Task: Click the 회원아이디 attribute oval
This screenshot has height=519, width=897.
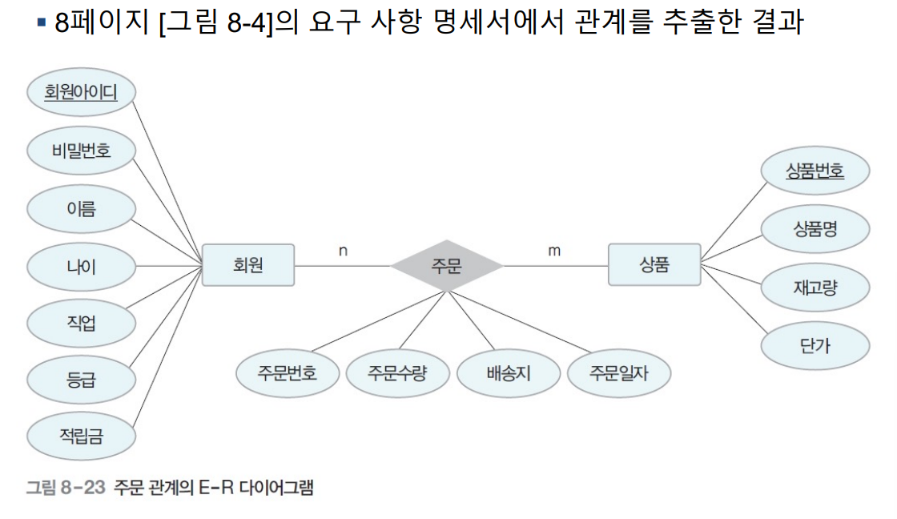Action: click(81, 93)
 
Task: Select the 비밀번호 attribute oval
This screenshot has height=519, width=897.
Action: click(81, 151)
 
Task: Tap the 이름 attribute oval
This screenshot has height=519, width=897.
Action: click(81, 209)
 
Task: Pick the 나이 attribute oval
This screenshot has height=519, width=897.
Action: click(81, 266)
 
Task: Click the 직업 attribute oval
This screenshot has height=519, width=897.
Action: click(81, 324)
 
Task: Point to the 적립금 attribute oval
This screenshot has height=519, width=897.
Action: click(81, 436)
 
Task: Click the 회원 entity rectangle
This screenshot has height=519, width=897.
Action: click(248, 264)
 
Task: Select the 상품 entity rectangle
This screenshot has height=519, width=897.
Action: click(654, 264)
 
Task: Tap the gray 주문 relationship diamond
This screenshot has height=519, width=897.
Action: click(446, 265)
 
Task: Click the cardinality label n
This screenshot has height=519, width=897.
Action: click(343, 251)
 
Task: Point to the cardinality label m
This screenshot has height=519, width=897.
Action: click(554, 251)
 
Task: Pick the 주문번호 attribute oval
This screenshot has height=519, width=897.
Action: click(288, 372)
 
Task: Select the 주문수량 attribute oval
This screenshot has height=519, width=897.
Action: click(397, 372)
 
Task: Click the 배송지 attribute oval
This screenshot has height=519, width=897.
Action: click(508, 373)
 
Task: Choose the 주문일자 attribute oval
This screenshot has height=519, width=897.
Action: click(619, 372)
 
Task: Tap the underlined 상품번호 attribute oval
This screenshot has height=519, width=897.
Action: click(815, 170)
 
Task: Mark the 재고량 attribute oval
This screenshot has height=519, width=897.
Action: click(815, 288)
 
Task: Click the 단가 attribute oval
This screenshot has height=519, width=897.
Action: click(815, 345)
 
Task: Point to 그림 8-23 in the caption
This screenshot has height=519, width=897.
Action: click(66, 487)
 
